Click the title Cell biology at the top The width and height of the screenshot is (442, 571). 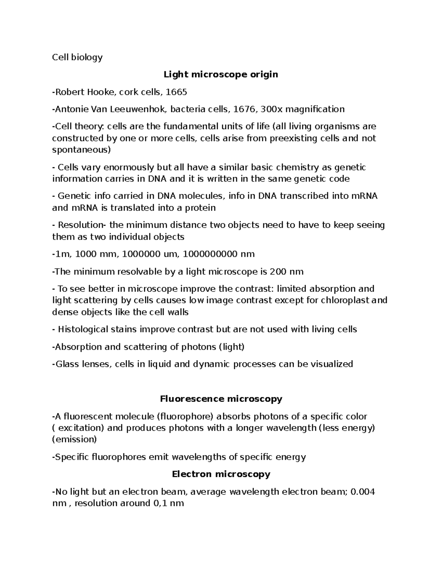click(x=77, y=57)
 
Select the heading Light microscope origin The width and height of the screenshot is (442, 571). click(x=221, y=75)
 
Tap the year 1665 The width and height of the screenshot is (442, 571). click(x=176, y=92)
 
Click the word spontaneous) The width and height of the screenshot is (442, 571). click(x=81, y=150)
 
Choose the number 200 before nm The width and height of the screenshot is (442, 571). click(x=278, y=272)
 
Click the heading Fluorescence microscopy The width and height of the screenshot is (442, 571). click(x=221, y=399)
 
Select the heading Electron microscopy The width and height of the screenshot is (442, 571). click(x=221, y=474)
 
